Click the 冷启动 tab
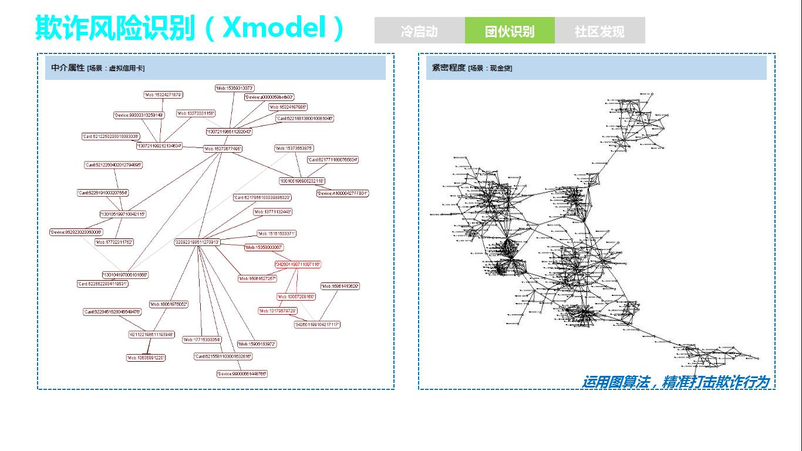(419, 31)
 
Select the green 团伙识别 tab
(509, 31)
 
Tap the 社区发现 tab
(599, 31)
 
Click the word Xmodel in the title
(274, 27)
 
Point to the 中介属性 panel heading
(68, 68)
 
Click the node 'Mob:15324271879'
(163, 95)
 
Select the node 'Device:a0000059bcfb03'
(269, 97)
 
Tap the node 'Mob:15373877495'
(223, 149)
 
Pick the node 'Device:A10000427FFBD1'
(343, 193)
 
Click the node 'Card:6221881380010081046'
(305, 119)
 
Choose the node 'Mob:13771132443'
(272, 211)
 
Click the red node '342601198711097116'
(298, 265)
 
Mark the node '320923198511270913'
(197, 242)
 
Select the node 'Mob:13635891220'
(146, 358)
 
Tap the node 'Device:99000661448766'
(242, 373)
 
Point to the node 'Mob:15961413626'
(340, 286)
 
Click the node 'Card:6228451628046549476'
(112, 312)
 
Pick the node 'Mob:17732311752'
(114, 242)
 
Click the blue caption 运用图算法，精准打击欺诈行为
(675, 382)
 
